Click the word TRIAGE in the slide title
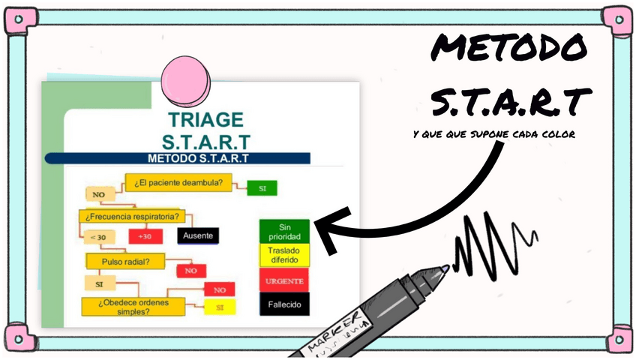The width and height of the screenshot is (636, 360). pyautogui.click(x=205, y=119)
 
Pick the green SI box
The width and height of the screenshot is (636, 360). pyautogui.click(x=262, y=188)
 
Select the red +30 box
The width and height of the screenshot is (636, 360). pyautogui.click(x=145, y=236)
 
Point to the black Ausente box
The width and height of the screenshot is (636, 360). pyautogui.click(x=198, y=235)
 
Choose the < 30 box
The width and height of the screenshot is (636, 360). pyautogui.click(x=97, y=237)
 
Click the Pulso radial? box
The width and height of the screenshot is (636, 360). pyautogui.click(x=125, y=261)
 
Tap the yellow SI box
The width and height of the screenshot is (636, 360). pyautogui.click(x=220, y=307)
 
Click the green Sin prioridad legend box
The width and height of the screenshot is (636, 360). pyautogui.click(x=284, y=231)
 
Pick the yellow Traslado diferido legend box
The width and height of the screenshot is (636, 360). pyautogui.click(x=284, y=255)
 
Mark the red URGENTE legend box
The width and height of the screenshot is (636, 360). pyautogui.click(x=284, y=280)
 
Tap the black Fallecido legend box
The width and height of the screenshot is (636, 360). pyautogui.click(x=284, y=304)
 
